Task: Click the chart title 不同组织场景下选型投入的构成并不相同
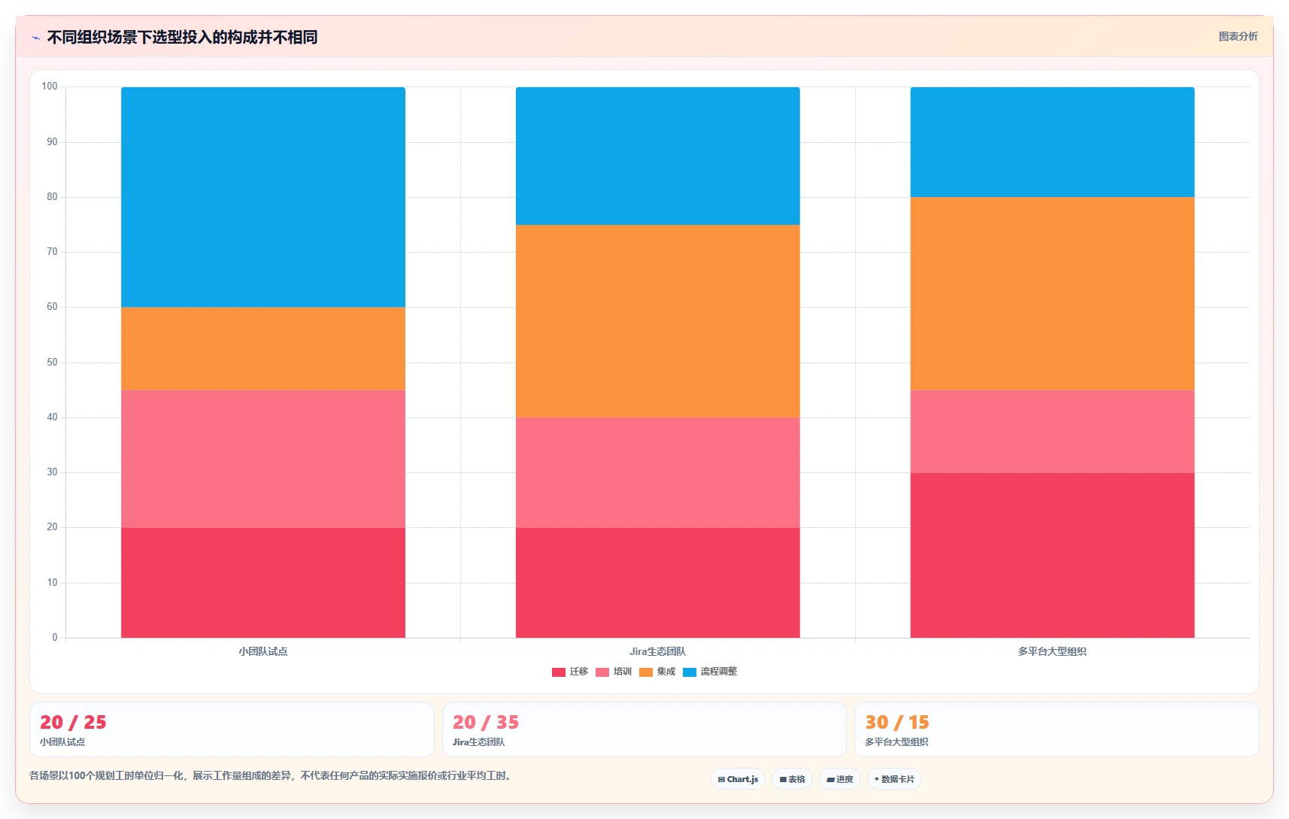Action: [182, 38]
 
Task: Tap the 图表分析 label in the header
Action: [1238, 36]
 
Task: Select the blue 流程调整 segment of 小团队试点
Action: [263, 197]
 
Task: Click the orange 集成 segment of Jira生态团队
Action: [657, 321]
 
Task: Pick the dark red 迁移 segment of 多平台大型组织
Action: [1052, 555]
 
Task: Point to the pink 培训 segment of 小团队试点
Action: [263, 459]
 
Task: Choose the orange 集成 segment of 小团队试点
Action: [263, 349]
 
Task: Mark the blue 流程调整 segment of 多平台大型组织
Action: [1052, 142]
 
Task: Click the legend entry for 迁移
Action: [570, 672]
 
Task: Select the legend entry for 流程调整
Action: [709, 672]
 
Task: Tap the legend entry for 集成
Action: [657, 672]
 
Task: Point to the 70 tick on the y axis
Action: [53, 251]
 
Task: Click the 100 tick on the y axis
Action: [50, 86]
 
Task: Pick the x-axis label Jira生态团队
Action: [657, 651]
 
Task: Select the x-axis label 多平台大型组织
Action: [1052, 651]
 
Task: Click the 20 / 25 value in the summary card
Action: [73, 722]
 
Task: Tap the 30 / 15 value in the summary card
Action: [897, 722]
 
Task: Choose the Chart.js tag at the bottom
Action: [738, 779]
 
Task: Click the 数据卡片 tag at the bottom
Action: [894, 779]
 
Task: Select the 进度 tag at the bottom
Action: [839, 779]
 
